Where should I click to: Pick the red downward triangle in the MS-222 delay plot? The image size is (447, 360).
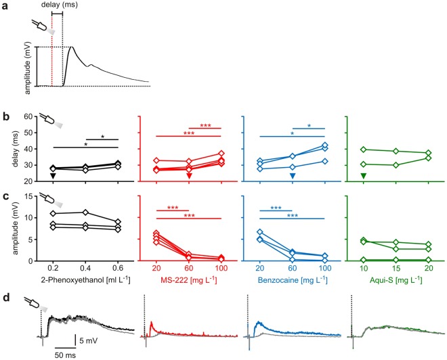click(190, 177)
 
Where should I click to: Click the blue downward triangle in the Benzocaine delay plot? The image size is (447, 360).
click(293, 177)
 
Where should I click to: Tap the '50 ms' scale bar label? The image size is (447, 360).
click(67, 353)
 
